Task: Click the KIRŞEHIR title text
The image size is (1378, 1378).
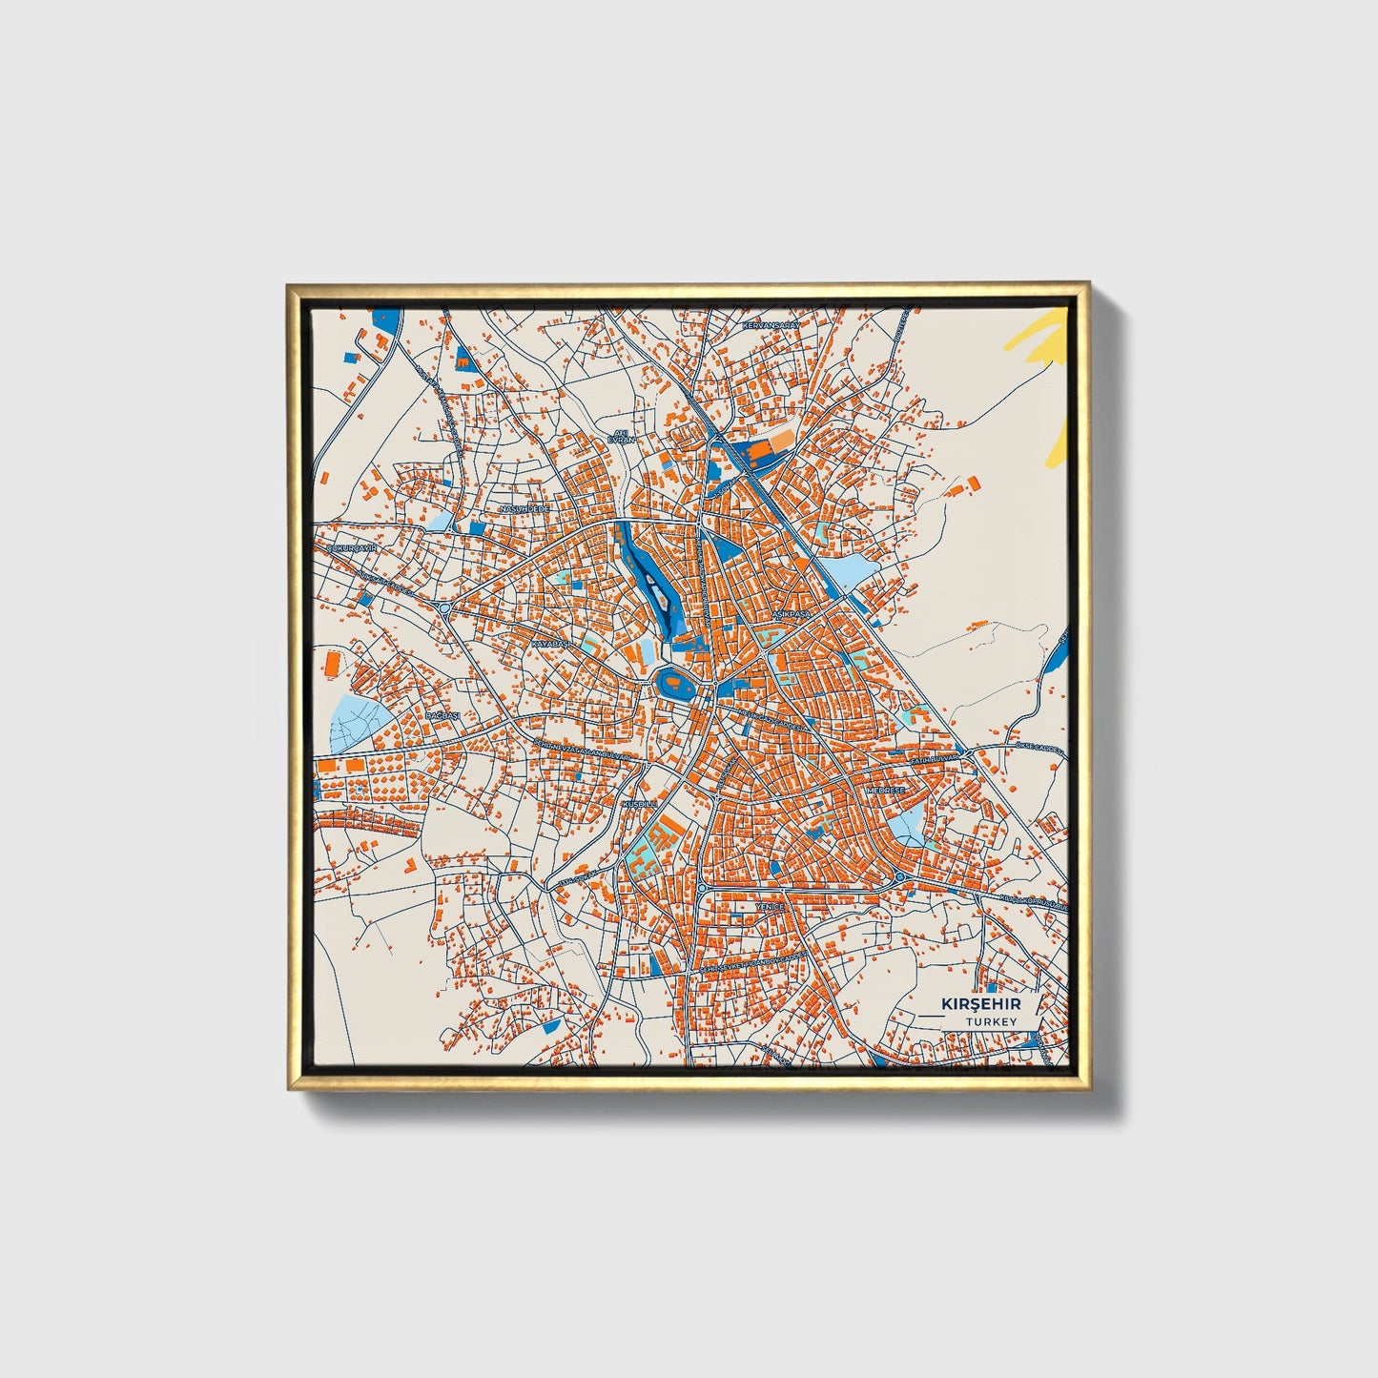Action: (981, 1004)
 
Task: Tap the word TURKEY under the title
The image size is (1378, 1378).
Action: (990, 1021)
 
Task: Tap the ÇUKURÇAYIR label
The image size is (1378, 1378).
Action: (353, 549)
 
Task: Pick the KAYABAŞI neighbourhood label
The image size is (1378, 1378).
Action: (551, 645)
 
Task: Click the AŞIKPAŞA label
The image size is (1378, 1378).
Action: (791, 614)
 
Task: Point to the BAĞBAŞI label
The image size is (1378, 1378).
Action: (442, 715)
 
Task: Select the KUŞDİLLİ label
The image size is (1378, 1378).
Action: (639, 805)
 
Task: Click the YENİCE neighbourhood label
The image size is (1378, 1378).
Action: (770, 906)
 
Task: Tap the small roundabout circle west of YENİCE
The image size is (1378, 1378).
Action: (702, 888)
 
